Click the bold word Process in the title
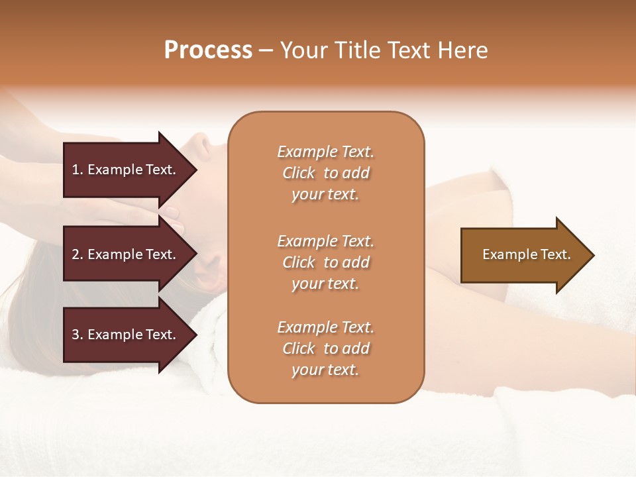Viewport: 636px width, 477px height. pos(208,50)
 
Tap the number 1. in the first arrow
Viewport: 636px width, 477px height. pos(78,170)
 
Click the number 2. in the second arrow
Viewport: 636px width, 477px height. pos(78,255)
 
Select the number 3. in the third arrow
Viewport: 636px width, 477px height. pos(78,335)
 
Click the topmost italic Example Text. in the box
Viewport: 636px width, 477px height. pos(325,152)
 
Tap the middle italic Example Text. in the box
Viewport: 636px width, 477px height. pos(325,241)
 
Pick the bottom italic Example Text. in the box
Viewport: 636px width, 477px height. pos(325,327)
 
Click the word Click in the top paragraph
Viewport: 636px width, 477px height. pos(298,174)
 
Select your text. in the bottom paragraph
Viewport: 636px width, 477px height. pos(325,370)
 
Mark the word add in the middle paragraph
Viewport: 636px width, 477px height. pos(356,262)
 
